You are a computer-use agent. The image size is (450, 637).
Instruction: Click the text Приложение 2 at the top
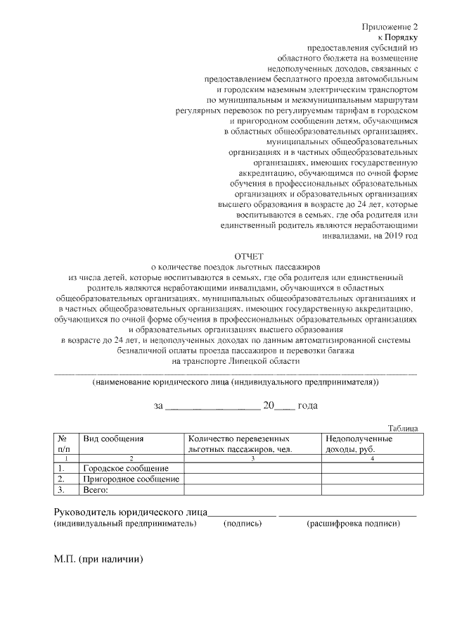coord(390,27)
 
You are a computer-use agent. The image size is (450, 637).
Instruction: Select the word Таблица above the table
coord(403,428)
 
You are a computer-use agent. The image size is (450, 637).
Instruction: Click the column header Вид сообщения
coord(113,439)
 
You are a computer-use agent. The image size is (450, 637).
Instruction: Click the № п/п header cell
coord(64,443)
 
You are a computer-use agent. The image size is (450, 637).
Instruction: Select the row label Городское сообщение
coord(126,469)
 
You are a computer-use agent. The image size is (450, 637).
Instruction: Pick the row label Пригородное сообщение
coord(131,479)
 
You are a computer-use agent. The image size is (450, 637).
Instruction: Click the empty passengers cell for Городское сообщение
coord(253,469)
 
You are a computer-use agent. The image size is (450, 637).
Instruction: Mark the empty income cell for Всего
coord(373,490)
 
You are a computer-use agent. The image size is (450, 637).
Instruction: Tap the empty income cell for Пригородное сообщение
coord(373,479)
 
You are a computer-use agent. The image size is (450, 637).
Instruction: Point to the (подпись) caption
coord(243,524)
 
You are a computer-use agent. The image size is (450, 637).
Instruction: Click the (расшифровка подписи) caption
coord(353,524)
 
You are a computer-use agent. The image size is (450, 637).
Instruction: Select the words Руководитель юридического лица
coord(131,512)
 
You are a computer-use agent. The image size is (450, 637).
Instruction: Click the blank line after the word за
coord(212,407)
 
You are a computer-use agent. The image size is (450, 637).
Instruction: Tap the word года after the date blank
coord(308,405)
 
